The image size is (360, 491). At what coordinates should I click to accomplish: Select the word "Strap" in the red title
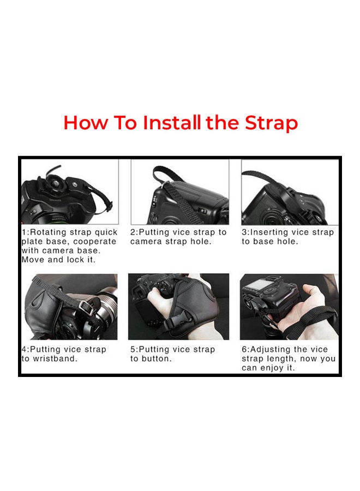(x=270, y=123)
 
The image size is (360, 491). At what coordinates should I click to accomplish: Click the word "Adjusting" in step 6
(x=273, y=349)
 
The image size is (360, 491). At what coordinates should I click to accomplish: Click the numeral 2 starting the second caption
(x=133, y=232)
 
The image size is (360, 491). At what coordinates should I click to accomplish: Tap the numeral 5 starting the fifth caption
(x=133, y=349)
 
